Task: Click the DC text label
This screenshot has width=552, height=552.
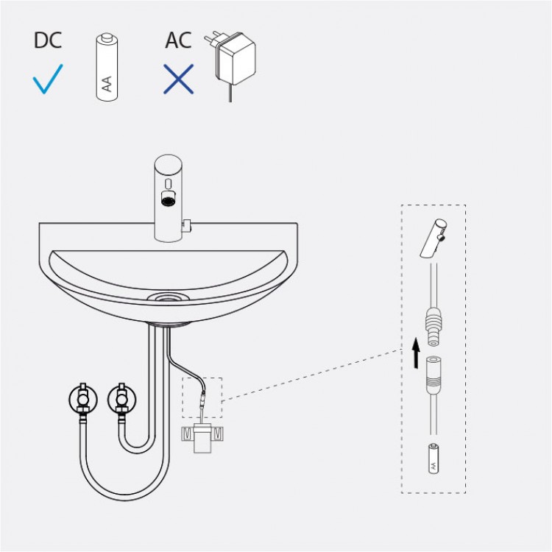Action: pyautogui.click(x=48, y=40)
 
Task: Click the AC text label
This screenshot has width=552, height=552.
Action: pyautogui.click(x=178, y=40)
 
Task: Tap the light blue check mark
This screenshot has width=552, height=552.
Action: pyautogui.click(x=48, y=79)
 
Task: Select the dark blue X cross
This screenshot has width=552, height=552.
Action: pyautogui.click(x=179, y=79)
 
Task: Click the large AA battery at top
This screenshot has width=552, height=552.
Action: pyautogui.click(x=107, y=67)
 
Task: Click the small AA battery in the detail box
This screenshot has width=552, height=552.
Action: pyautogui.click(x=434, y=459)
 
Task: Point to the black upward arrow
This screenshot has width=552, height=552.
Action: pyautogui.click(x=416, y=353)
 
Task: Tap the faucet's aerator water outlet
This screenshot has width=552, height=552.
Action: pyautogui.click(x=169, y=199)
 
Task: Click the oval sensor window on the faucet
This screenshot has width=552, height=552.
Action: pyautogui.click(x=169, y=183)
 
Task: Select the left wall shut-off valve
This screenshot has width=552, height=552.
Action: pyautogui.click(x=83, y=399)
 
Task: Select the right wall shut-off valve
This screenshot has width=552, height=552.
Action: pyautogui.click(x=121, y=399)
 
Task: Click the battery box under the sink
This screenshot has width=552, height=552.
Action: pyautogui.click(x=202, y=438)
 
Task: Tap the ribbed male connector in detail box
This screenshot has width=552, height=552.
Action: pyautogui.click(x=434, y=325)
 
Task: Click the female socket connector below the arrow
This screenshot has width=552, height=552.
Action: pyautogui.click(x=434, y=375)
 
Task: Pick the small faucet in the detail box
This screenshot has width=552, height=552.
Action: pyautogui.click(x=434, y=238)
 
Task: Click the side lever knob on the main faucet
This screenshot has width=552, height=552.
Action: pyautogui.click(x=186, y=226)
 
